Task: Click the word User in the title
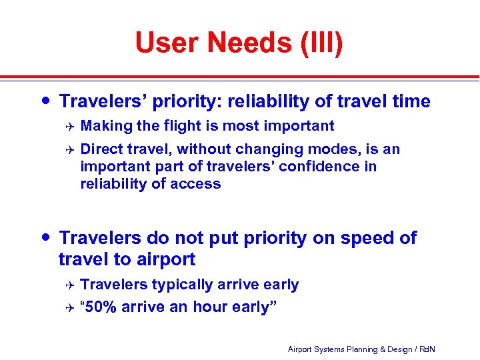point(166,43)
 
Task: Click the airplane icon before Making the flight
point(67,125)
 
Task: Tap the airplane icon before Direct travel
point(67,149)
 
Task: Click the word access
point(197,183)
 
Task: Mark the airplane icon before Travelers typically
point(67,285)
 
